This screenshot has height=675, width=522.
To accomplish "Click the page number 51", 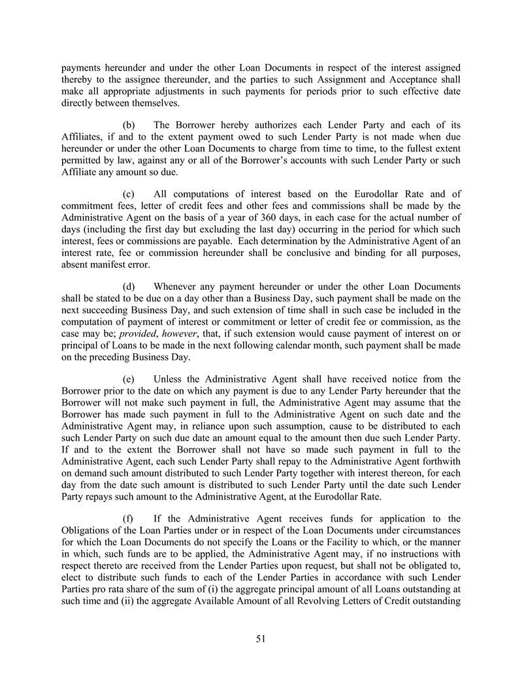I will click(x=261, y=639).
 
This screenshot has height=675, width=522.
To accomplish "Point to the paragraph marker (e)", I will click(x=129, y=379).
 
